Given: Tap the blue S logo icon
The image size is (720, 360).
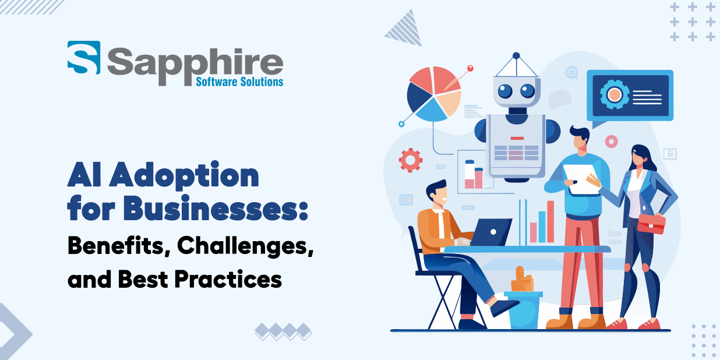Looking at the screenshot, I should tap(83, 58).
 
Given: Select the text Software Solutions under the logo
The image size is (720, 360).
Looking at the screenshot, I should tap(239, 82).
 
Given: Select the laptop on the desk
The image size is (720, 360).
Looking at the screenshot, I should tap(490, 232).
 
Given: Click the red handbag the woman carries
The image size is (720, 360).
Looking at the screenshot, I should tap(651, 223).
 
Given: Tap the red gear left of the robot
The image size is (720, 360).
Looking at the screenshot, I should tap(411, 160).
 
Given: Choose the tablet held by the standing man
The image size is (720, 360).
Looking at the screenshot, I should tap(582, 178).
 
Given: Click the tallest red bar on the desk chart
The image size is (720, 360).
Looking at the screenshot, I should tap(550, 221).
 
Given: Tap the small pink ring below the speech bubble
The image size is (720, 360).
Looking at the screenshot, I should tap(611, 142).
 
